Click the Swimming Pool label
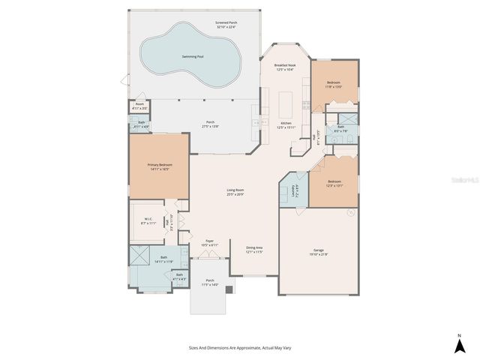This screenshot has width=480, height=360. point(192,56)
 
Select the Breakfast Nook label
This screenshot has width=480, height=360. point(284,67)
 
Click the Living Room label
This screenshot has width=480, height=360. point(235,192)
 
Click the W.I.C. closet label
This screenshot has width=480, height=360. point(149,221)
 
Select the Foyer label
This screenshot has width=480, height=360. point(210,242)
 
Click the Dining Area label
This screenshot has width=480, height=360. point(255,250)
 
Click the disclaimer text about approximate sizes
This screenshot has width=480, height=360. point(235,348)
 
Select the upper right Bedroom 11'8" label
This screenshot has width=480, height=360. point(334,84)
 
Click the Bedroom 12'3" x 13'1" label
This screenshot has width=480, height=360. point(334,184)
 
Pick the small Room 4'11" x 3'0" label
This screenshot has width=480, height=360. point(139,106)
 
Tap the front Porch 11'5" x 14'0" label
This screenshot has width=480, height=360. point(210,283)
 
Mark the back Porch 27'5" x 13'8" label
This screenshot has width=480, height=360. point(211,124)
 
